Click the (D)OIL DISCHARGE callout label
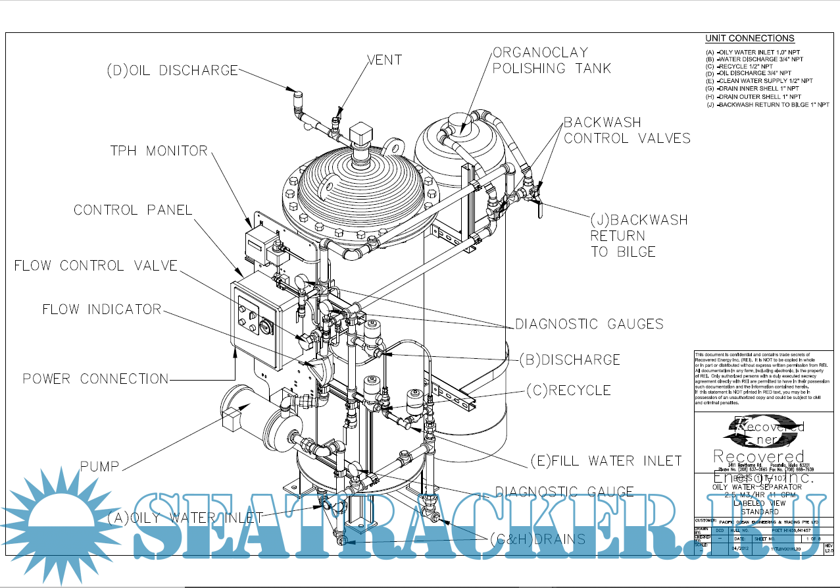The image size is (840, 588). click(172, 70)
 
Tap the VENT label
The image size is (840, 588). click(383, 60)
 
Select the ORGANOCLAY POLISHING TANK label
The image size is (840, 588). click(551, 60)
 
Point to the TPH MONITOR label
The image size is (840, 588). click(159, 151)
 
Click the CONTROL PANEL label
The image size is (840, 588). click(133, 210)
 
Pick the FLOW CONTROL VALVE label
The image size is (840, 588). click(96, 265)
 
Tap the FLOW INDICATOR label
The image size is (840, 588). click(102, 309)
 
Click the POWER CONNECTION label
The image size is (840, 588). click(96, 379)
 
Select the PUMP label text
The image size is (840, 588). click(99, 466)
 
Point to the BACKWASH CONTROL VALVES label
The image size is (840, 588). click(627, 130)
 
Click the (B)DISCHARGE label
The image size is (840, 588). click(569, 360)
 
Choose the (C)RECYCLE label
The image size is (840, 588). click(568, 390)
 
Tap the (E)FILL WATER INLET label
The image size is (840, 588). click(606, 460)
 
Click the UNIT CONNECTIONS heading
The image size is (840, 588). click(749, 38)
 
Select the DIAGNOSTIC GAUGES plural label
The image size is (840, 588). click(589, 324)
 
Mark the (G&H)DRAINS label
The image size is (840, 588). click(537, 539)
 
